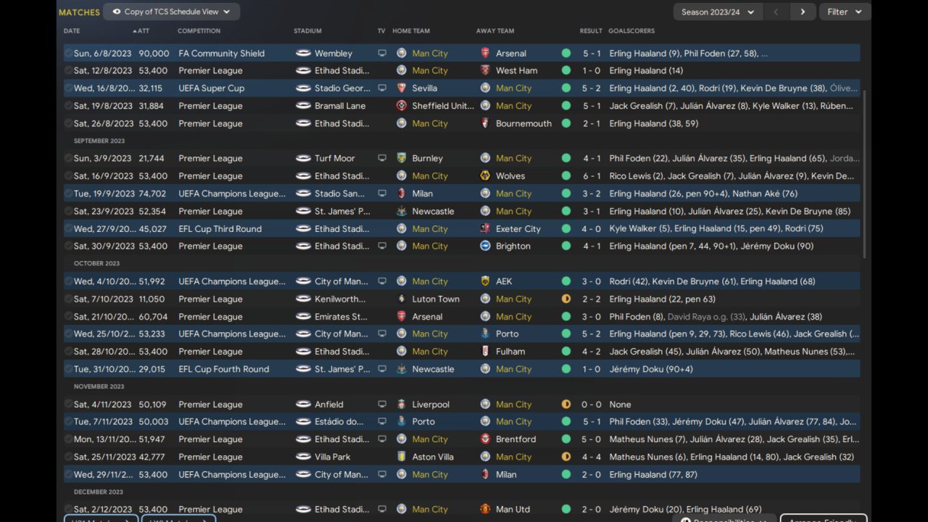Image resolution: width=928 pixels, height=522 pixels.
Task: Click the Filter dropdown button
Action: (x=845, y=12)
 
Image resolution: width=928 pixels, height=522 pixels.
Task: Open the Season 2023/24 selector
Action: (x=718, y=12)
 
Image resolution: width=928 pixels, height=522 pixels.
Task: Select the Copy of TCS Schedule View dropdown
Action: (x=171, y=12)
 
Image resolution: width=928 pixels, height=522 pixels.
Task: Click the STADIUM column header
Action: (x=307, y=31)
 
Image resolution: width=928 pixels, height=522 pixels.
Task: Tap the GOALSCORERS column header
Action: (x=631, y=31)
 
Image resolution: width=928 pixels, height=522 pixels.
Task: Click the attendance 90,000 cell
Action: (x=154, y=54)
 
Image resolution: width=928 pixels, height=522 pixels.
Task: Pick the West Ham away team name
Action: (x=516, y=71)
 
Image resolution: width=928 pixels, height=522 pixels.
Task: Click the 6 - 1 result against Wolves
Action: (x=590, y=176)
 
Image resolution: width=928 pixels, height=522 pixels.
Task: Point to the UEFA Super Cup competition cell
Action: (x=211, y=88)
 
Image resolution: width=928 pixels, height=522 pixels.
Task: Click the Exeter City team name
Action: (x=518, y=229)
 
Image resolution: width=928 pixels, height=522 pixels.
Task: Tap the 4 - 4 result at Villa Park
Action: (x=590, y=457)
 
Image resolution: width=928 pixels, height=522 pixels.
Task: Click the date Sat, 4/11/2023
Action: (x=102, y=405)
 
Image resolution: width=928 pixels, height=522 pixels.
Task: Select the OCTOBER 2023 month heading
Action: (x=96, y=264)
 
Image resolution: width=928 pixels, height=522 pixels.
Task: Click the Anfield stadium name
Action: (x=329, y=405)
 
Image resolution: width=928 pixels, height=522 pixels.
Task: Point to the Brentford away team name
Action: (x=515, y=439)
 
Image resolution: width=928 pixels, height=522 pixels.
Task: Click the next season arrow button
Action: (x=802, y=12)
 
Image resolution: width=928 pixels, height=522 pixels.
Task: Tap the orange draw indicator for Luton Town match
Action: (x=566, y=299)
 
